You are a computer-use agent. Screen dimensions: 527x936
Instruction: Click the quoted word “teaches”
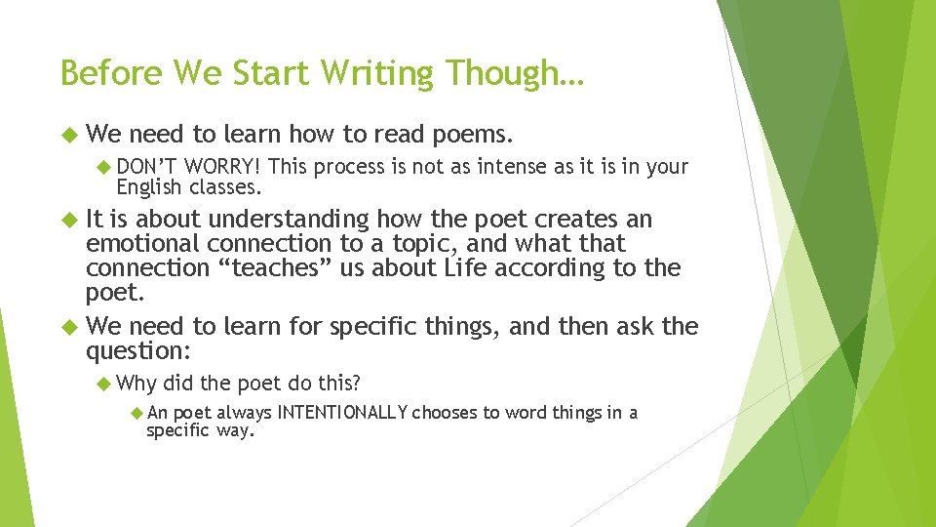(x=290, y=268)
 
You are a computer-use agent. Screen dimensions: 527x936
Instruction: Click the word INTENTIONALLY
(x=342, y=413)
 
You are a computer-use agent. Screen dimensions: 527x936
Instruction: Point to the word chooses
(x=445, y=413)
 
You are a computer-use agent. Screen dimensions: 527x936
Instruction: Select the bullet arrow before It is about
(x=67, y=219)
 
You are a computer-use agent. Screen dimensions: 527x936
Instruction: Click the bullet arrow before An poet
(x=137, y=413)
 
